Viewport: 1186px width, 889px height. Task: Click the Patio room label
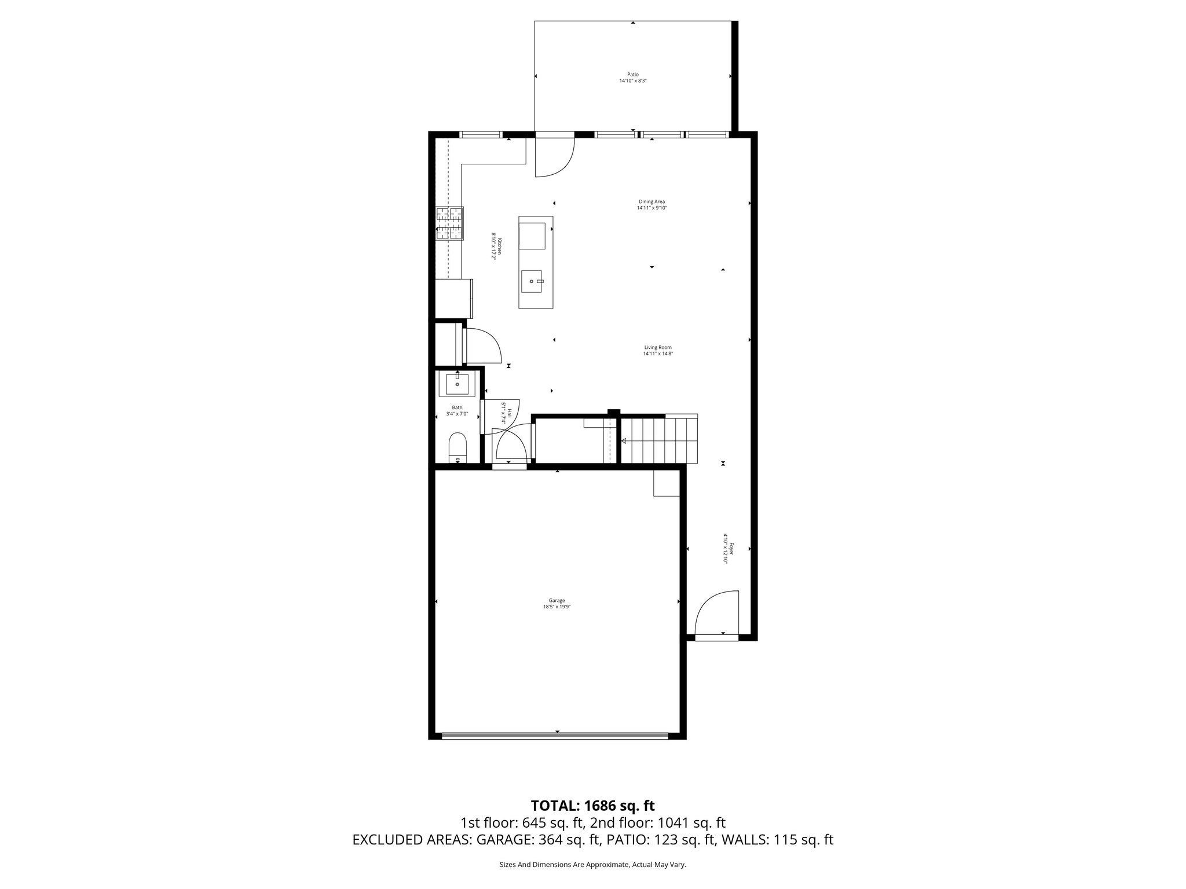632,78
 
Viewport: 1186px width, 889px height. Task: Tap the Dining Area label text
651,205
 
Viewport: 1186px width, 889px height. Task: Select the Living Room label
657,350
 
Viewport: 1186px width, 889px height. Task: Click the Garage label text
557,603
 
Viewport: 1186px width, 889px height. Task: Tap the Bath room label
457,410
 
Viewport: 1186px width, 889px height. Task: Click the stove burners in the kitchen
450,223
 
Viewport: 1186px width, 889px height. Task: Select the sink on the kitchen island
532,281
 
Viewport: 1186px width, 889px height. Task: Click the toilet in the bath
457,447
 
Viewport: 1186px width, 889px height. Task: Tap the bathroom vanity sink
457,384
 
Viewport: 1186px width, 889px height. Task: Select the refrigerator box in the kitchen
453,297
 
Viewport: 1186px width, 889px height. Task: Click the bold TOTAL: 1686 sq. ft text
592,805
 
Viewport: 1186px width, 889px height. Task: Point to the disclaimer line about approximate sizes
592,865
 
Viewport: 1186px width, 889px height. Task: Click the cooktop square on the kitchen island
532,235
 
